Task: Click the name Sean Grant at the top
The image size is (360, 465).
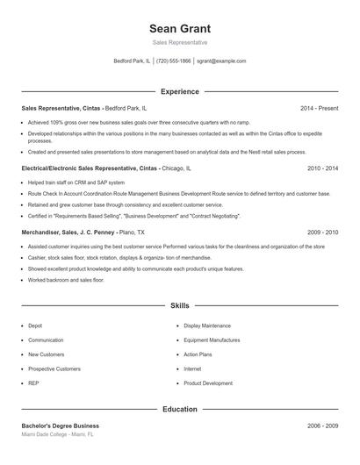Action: point(180,29)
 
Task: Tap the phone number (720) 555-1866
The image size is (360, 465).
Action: point(173,61)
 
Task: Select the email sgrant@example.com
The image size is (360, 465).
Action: point(221,61)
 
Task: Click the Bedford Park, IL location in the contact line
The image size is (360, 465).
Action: point(132,61)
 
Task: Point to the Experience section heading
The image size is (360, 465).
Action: point(180,91)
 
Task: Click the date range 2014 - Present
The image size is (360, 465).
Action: point(319,108)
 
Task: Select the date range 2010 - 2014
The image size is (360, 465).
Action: point(322,168)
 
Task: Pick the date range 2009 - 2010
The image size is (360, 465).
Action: point(322,232)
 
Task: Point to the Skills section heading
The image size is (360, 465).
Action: point(180,306)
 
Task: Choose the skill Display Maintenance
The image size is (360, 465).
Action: point(207,325)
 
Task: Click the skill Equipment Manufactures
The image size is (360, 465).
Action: point(212,340)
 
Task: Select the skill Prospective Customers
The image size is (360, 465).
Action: point(54,369)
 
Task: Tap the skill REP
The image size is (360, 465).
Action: point(34,383)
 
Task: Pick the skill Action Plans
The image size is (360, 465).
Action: point(198,354)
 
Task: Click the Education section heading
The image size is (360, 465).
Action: point(180,409)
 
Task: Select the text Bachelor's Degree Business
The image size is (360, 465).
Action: point(61,426)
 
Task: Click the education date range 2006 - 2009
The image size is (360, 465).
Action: point(322,426)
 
